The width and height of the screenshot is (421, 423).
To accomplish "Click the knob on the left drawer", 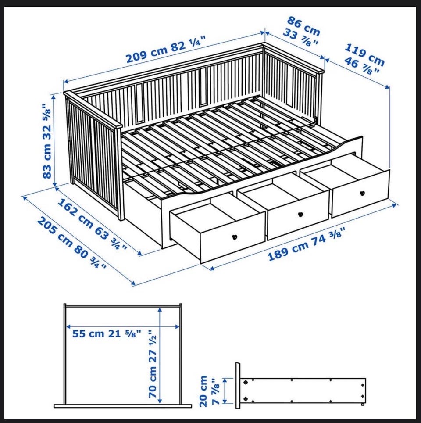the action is click(x=234, y=237).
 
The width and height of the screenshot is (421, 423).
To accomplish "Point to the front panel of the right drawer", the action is click(x=360, y=194).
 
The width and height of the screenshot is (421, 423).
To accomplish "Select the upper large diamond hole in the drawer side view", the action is click(x=246, y=382).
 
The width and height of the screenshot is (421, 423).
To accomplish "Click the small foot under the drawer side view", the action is click(x=363, y=405).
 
